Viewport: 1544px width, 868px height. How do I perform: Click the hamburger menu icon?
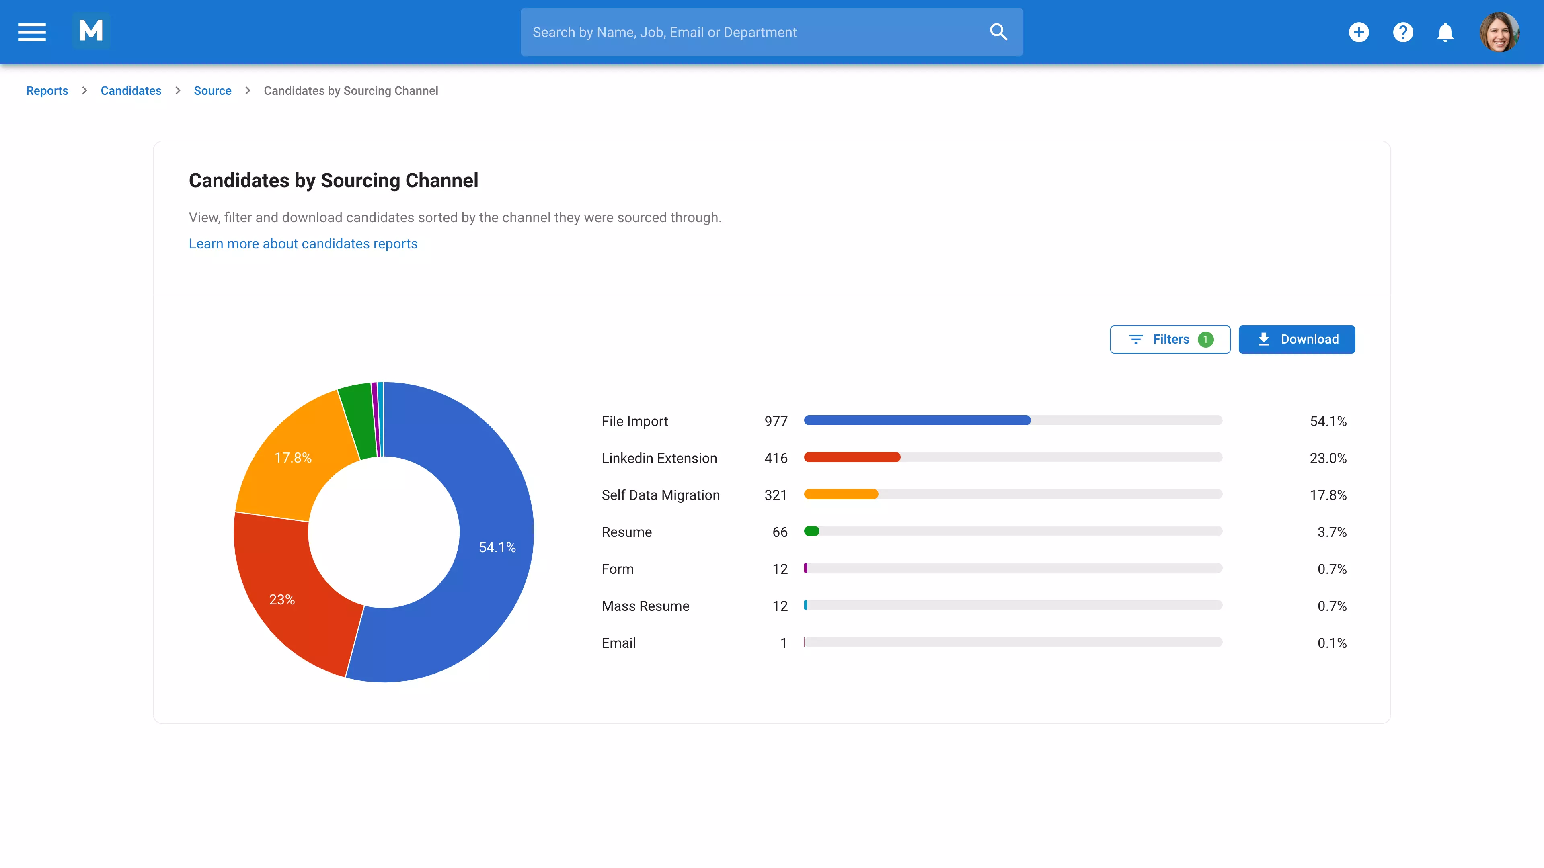coord(32,32)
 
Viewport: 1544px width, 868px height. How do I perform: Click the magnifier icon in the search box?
coord(998,32)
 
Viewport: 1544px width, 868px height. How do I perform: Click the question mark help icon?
coord(1402,32)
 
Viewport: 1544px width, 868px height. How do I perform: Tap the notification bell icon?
coord(1445,32)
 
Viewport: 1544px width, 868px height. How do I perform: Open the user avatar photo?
coord(1499,32)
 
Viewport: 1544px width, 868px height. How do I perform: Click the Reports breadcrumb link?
coord(47,90)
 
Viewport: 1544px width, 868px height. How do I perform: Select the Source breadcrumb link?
coord(212,90)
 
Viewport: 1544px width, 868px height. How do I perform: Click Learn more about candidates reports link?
coord(303,244)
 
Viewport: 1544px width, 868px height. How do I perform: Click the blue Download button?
coord(1296,339)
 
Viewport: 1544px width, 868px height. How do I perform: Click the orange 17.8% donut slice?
coord(294,458)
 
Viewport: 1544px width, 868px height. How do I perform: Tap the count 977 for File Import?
coord(776,421)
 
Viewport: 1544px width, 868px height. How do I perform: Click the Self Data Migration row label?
coord(661,495)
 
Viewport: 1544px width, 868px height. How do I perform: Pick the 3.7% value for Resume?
coord(1331,532)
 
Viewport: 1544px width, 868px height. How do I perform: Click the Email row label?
coord(618,643)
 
